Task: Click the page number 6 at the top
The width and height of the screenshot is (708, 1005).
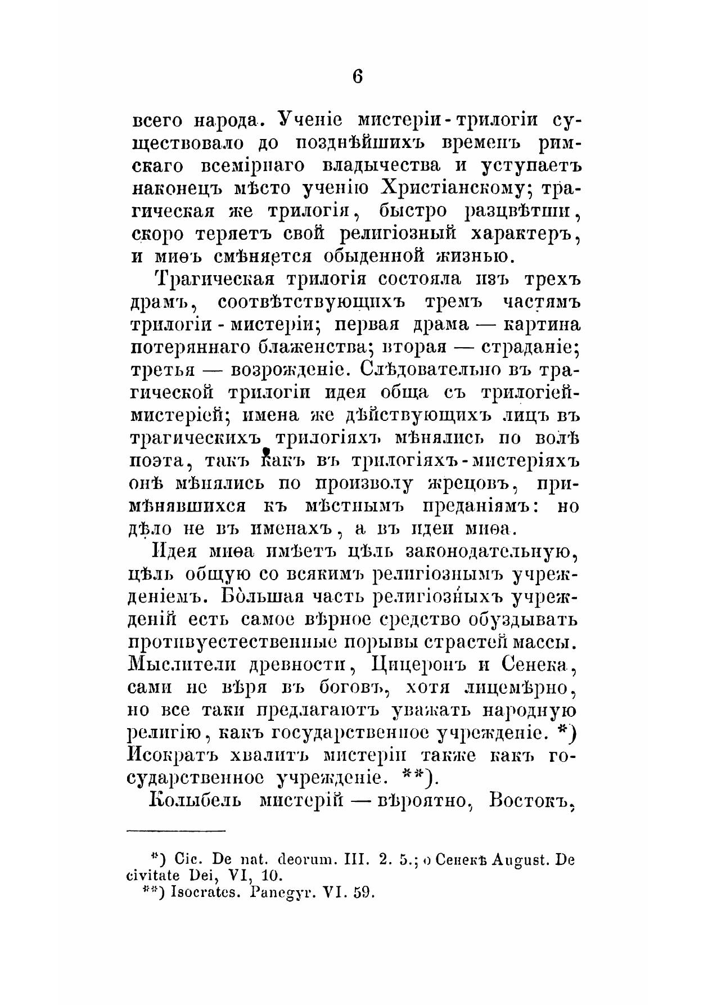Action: click(357, 75)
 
